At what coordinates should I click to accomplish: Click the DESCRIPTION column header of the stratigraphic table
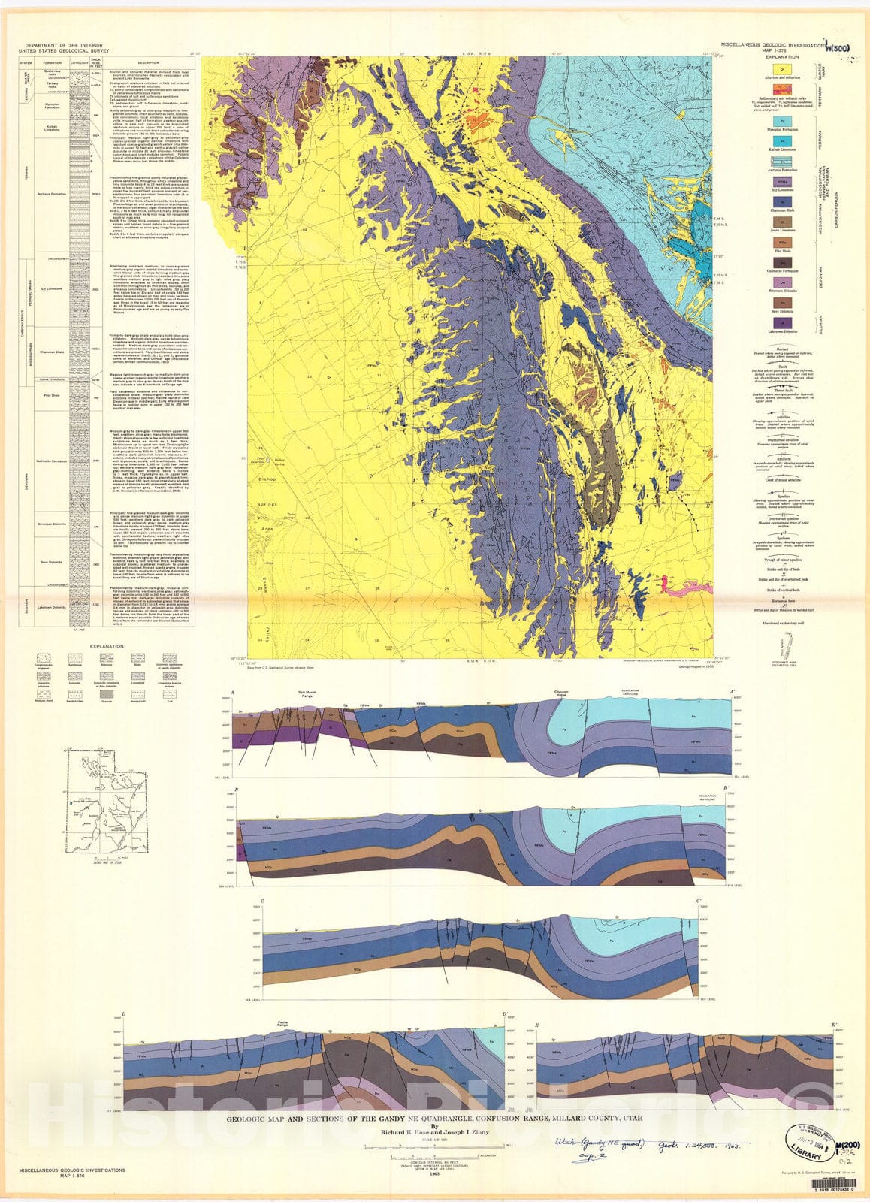pyautogui.click(x=149, y=62)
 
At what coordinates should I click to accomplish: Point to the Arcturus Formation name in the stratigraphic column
pyautogui.click(x=52, y=193)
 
